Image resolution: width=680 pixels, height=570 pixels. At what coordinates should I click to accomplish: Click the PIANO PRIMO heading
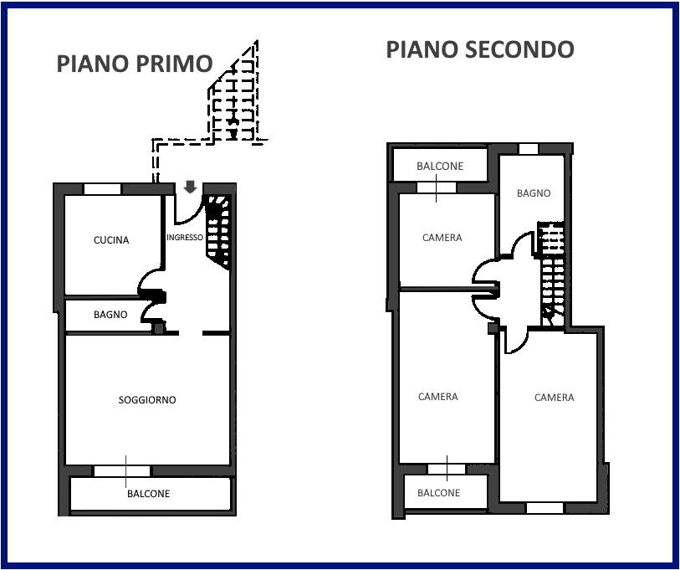click(134, 64)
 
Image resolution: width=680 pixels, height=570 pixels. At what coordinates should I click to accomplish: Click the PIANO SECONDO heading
click(479, 49)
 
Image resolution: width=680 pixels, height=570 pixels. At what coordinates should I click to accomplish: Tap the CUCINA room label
click(111, 240)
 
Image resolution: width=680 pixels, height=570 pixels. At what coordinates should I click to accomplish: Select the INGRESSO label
click(184, 238)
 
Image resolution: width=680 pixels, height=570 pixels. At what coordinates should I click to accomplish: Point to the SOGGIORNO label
click(147, 400)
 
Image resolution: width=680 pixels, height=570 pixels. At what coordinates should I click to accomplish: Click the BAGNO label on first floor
click(110, 315)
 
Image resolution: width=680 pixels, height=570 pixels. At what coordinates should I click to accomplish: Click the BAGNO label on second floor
click(534, 193)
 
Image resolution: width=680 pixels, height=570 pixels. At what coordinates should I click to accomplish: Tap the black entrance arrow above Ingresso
click(190, 186)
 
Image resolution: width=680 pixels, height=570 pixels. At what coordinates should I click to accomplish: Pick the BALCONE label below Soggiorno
click(148, 494)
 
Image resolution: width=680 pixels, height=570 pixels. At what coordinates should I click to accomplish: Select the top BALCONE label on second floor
click(440, 167)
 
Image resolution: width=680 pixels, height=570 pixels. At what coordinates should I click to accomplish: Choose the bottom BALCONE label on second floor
click(438, 493)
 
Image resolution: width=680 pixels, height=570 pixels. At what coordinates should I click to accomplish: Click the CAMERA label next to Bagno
click(442, 238)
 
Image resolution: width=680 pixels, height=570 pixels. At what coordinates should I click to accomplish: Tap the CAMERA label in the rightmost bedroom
click(554, 398)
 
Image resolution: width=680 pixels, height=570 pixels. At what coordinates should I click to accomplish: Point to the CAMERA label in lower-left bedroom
click(437, 397)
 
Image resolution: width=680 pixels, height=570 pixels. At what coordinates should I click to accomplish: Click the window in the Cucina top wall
click(102, 189)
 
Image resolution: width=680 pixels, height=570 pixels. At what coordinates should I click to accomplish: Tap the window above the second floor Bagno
click(529, 149)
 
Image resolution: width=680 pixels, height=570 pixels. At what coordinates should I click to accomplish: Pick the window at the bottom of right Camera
click(545, 507)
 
